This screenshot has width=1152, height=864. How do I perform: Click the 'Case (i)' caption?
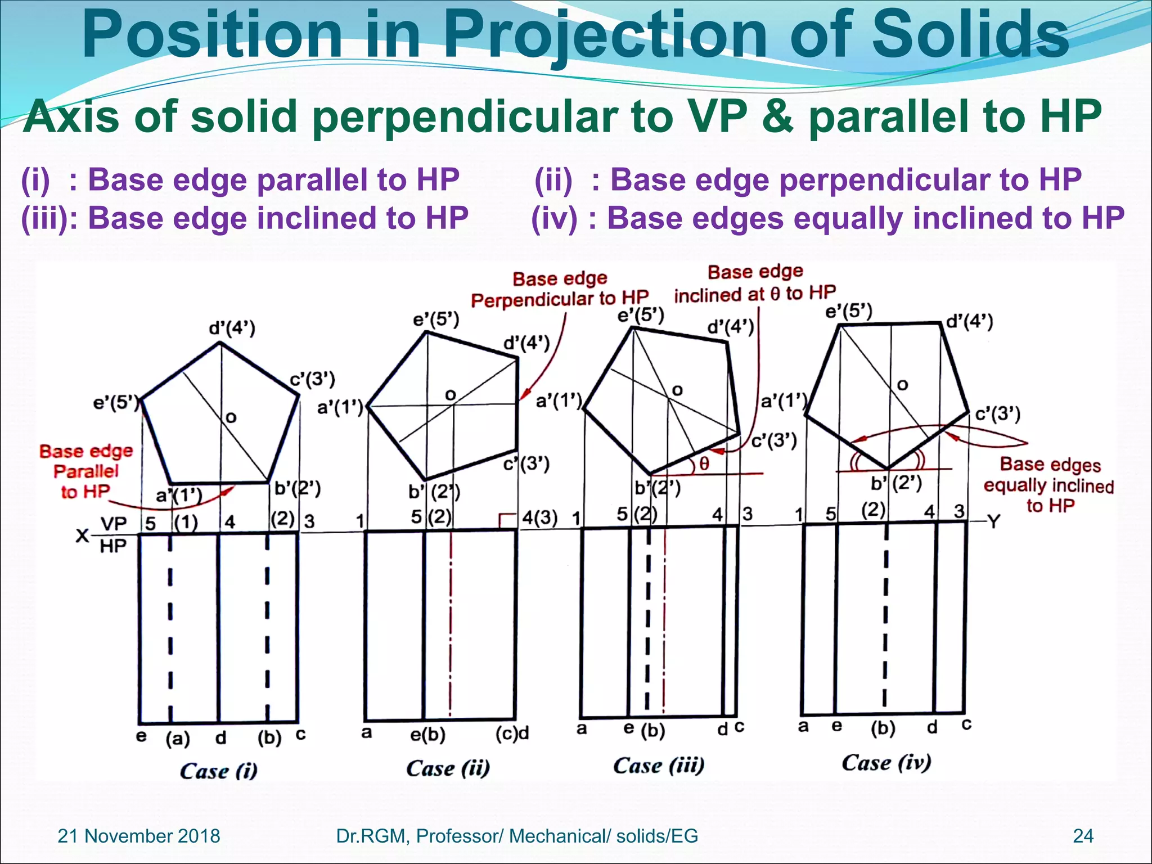coord(218,771)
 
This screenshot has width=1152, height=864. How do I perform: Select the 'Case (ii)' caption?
coord(448,768)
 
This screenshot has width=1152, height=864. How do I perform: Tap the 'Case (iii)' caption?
coord(658,765)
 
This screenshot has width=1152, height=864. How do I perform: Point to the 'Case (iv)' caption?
coord(886,763)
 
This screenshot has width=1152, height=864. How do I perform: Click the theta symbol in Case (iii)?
coord(704,464)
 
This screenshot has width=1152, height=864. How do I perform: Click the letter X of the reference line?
coord(82,535)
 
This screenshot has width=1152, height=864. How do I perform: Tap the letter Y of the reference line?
coord(994,522)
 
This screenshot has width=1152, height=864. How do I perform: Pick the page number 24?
coord(1083,836)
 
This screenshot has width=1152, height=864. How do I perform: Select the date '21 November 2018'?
coord(139,836)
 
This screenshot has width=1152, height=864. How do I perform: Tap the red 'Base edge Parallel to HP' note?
coord(86,471)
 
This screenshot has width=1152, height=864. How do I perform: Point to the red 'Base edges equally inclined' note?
coord(1048,485)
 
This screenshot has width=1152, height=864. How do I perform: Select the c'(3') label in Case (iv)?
coord(997,414)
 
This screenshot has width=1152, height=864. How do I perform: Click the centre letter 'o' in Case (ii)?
coord(450,395)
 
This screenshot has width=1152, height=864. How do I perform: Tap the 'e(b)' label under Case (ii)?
coord(427,735)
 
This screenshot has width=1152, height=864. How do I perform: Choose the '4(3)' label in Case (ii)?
coord(539,517)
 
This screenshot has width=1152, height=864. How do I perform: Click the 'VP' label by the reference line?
coord(114,524)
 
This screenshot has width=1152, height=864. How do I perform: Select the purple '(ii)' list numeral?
coord(553,180)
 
